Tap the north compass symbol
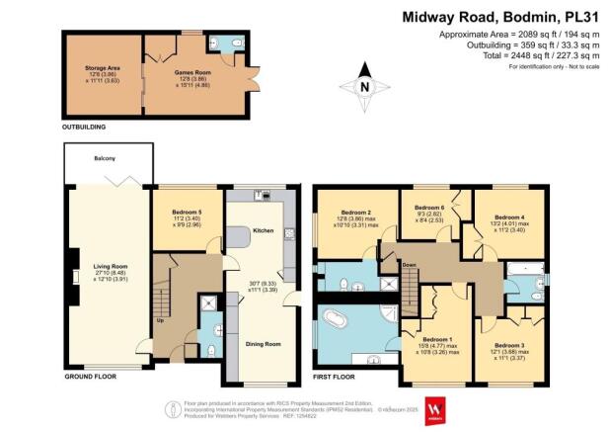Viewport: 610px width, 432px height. pos(364,87)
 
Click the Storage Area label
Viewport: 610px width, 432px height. pos(102,69)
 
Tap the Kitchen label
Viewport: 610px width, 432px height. pos(263,231)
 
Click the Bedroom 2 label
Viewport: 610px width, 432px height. pos(355,213)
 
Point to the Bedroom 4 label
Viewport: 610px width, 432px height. pos(509,216)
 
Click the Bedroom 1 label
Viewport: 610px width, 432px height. pos(435,339)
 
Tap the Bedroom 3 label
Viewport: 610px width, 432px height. pos(509,345)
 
